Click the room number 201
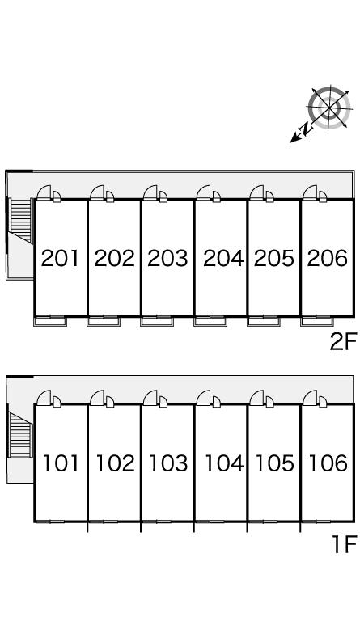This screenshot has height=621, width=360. tap(61, 258)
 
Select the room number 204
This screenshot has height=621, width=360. tap(223, 258)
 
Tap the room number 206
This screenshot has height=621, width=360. tap(328, 258)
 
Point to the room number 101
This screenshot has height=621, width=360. tap(61, 463)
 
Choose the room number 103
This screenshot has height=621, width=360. tap(168, 463)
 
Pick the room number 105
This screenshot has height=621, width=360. tap(274, 463)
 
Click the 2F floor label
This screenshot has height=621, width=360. tap(343, 341)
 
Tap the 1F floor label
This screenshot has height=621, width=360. tap(345, 544)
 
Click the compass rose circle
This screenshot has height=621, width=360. tap(329, 107)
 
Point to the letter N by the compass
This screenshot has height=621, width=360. tap(305, 129)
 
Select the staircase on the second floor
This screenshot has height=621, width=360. tap(20, 220)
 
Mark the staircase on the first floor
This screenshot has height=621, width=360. tap(20, 434)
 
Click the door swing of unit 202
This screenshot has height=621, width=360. tap(97, 192)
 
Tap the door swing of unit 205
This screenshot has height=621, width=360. tap(256, 192)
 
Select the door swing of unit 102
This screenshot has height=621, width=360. tap(97, 397)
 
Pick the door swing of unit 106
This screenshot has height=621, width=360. tap(310, 397)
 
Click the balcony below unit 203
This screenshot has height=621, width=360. tap(157, 321)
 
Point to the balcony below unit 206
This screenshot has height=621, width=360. tap(317, 321)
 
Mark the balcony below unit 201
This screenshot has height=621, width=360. tap(50, 321)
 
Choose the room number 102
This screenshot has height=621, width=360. tap(115, 463)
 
